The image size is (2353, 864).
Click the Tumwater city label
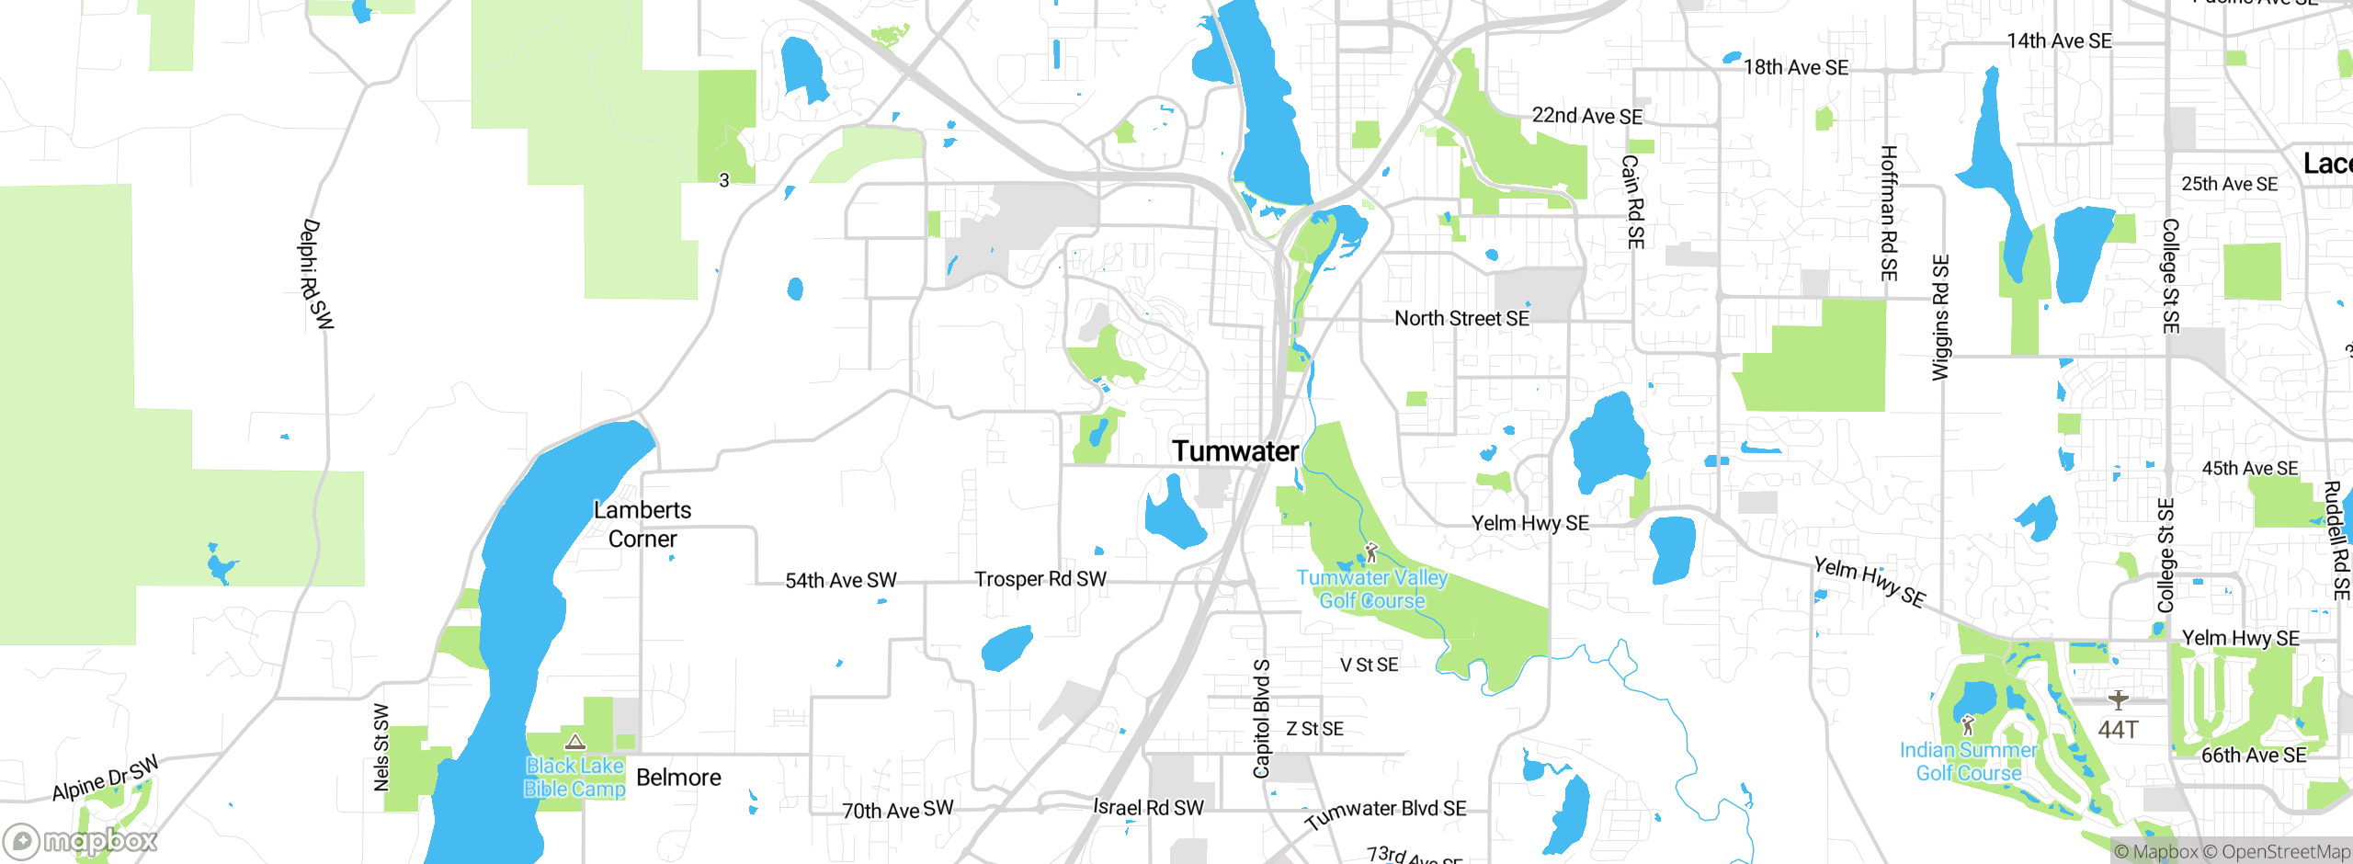(x=1234, y=451)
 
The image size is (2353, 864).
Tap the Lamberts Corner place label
(x=642, y=524)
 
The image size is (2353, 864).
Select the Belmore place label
(x=678, y=778)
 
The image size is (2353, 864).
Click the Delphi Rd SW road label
(x=316, y=274)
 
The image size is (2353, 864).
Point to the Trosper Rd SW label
(x=1040, y=579)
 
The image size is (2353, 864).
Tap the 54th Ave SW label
(x=840, y=581)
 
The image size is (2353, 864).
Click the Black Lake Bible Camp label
(x=574, y=778)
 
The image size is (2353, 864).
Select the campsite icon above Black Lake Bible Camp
(x=575, y=742)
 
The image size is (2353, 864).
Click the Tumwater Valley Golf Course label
(x=1371, y=589)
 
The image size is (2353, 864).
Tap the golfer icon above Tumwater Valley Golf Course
(x=1371, y=552)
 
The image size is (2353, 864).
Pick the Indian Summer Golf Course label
(x=1968, y=762)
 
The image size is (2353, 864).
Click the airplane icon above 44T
(x=2119, y=700)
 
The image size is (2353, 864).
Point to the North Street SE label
(x=1461, y=319)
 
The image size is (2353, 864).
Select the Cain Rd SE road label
(x=1632, y=201)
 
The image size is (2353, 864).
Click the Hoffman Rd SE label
(x=1888, y=213)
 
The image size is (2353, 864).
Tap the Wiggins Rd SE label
(x=1939, y=317)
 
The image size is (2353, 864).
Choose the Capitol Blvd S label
(x=1262, y=718)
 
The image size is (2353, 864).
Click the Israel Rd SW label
(x=1148, y=807)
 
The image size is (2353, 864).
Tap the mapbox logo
(x=81, y=840)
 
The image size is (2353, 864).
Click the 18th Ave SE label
(x=1795, y=68)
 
